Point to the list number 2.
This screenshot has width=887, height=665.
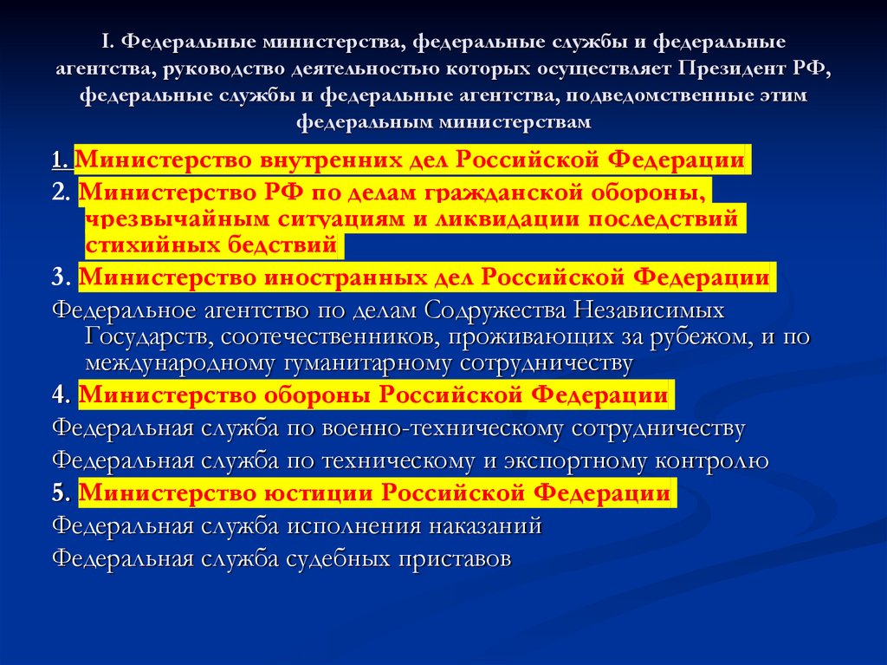click(61, 192)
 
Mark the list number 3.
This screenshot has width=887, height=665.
click(61, 277)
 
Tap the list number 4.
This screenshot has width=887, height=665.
click(61, 395)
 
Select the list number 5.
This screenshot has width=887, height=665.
click(61, 493)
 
